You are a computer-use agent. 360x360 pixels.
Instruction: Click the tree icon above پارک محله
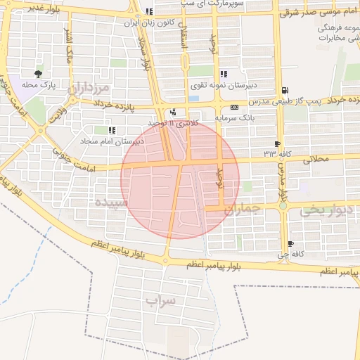click(x=38, y=73)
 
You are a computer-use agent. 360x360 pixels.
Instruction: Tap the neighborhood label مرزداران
click(x=89, y=89)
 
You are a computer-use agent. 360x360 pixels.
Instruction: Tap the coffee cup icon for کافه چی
click(x=291, y=243)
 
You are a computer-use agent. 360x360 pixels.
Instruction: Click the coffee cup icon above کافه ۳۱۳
click(x=278, y=143)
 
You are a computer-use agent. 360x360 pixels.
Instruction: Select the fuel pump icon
click(x=284, y=90)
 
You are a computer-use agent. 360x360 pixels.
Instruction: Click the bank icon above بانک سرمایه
click(x=234, y=108)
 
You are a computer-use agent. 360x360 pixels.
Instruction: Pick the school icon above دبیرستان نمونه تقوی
click(x=224, y=74)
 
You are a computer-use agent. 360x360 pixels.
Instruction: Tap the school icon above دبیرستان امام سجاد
click(x=112, y=130)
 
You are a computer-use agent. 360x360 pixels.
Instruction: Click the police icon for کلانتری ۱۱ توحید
click(x=173, y=112)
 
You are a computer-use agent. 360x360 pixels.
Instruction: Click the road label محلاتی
click(x=314, y=160)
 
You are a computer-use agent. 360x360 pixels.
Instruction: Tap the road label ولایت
click(x=56, y=112)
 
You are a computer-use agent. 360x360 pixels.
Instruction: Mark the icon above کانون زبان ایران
click(x=148, y=12)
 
